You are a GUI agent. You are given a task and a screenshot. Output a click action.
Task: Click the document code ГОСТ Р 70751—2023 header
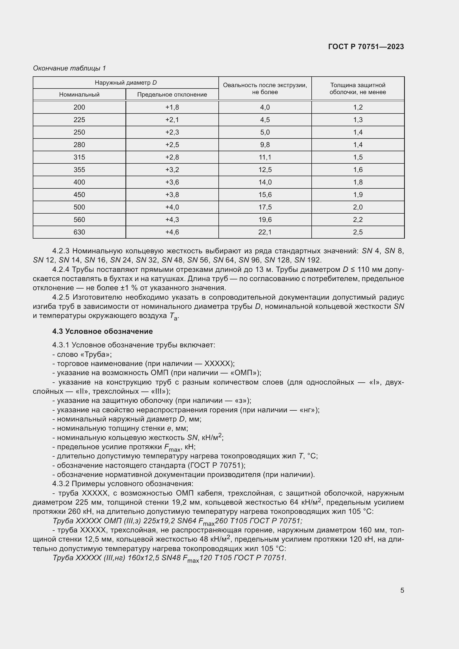[366, 47]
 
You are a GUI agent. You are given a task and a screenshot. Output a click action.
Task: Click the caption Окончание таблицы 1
[69, 68]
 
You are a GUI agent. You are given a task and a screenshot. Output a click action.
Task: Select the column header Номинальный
[79, 94]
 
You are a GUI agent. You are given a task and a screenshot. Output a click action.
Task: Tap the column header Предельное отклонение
[172, 94]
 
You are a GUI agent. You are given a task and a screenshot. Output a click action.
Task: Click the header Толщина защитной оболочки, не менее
[357, 89]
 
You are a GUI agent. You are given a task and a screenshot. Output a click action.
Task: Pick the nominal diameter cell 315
[79, 157]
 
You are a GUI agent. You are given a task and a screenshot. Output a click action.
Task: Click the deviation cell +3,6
[172, 182]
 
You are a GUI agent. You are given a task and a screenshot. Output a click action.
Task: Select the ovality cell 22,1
[265, 232]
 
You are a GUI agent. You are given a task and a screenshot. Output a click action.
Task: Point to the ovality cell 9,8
[265, 145]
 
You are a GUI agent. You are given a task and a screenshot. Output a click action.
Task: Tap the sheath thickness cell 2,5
[357, 232]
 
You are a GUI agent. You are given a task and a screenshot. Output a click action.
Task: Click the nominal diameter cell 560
[79, 220]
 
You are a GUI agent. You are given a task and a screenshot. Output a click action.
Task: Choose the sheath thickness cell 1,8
[357, 182]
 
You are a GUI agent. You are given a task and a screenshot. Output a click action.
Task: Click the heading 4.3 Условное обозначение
[102, 331]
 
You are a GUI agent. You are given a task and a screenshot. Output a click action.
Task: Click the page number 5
[402, 590]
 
